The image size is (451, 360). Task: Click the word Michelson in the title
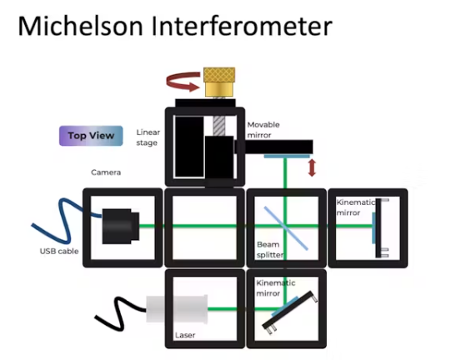pyautogui.click(x=81, y=26)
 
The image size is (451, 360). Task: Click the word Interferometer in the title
pyautogui.click(x=242, y=26)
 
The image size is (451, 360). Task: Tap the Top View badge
pyautogui.click(x=91, y=136)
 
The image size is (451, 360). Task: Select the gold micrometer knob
pyautogui.click(x=219, y=82)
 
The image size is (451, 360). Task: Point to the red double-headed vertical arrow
pyautogui.click(x=312, y=168)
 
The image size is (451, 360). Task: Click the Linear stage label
pyautogui.click(x=148, y=137)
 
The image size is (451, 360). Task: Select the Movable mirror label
pyautogui.click(x=263, y=130)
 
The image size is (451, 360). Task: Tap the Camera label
pyautogui.click(x=106, y=172)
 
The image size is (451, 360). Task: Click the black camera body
pyautogui.click(x=121, y=227)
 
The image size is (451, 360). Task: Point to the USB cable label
pyautogui.click(x=59, y=252)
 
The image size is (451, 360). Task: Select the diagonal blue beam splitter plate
pyautogui.click(x=286, y=228)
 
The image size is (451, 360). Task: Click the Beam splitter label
pyautogui.click(x=270, y=250)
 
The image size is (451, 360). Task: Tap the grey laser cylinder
pyautogui.click(x=177, y=309)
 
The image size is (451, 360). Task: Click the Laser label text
pyautogui.click(x=185, y=335)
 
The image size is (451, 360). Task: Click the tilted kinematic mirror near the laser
pyautogui.click(x=290, y=312)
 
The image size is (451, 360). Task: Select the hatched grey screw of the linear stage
pyautogui.click(x=219, y=126)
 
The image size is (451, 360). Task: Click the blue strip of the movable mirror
pyautogui.click(x=287, y=157)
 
